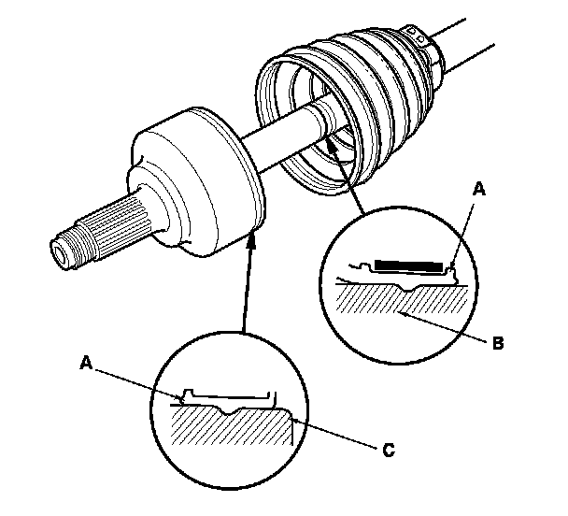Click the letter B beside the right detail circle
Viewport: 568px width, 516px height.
click(x=498, y=343)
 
